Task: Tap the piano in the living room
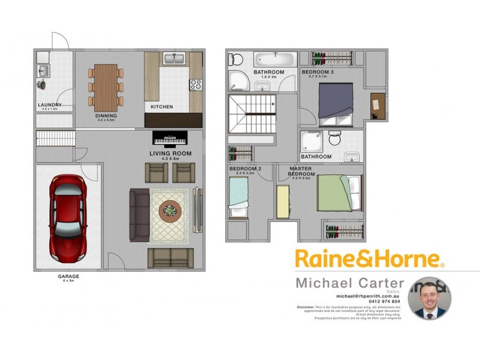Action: pos(170,139)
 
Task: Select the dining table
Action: pos(106,86)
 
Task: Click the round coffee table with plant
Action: pos(170,211)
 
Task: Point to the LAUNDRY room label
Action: pos(50,105)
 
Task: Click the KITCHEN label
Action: pos(161,107)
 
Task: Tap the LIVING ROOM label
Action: pos(170,154)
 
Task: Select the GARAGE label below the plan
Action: pos(68,277)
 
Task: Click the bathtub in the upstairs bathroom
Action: pos(274,61)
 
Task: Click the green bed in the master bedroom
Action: pos(339,193)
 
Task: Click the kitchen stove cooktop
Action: pos(196,85)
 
